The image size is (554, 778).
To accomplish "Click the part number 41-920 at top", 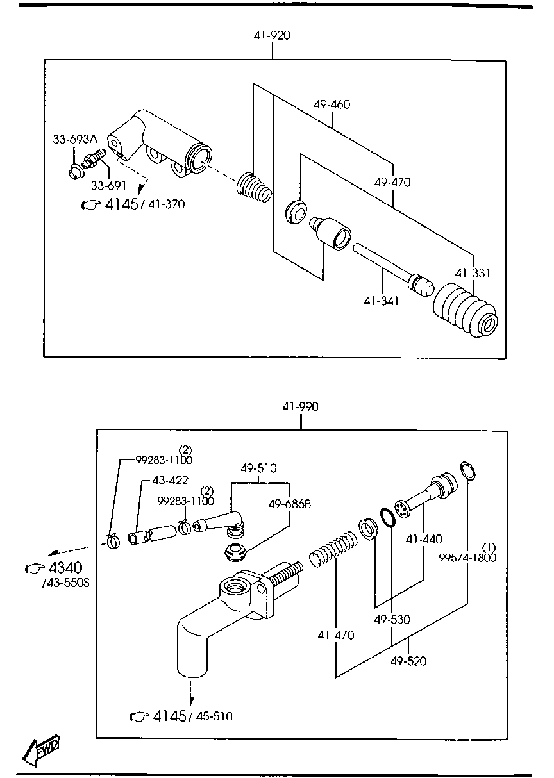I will pyautogui.click(x=271, y=35).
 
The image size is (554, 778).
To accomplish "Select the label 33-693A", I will pyautogui.click(x=74, y=139).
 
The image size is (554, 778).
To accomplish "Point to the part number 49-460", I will pyautogui.click(x=332, y=104).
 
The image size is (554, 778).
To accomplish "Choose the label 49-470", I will pyautogui.click(x=392, y=183).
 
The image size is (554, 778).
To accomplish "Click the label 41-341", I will pyautogui.click(x=381, y=300).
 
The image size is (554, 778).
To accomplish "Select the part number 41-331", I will pyautogui.click(x=473, y=273).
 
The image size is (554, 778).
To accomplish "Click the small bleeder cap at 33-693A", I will pyautogui.click(x=76, y=171).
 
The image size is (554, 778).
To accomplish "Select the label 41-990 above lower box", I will pyautogui.click(x=300, y=406).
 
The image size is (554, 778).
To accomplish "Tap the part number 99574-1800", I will pyautogui.click(x=467, y=558).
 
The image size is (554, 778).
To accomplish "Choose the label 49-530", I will pyautogui.click(x=392, y=620).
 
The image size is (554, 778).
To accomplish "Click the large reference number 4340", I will pyautogui.click(x=65, y=568).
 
